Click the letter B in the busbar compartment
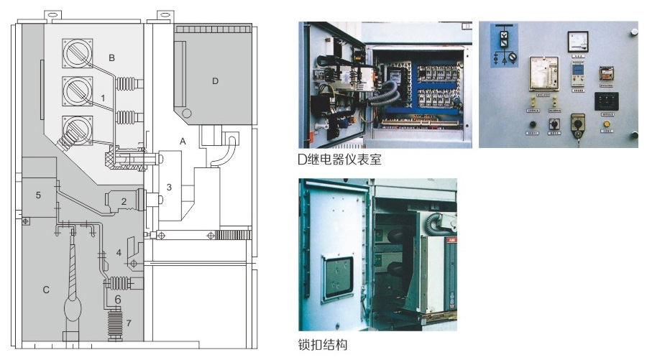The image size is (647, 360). tap(111, 57)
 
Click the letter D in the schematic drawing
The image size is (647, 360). tap(214, 81)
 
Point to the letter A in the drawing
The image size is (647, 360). tap(183, 142)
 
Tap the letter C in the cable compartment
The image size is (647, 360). tap(45, 290)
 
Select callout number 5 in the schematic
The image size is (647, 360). tap(39, 195)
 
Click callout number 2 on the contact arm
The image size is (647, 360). tap(124, 202)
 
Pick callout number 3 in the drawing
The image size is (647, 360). tap(169, 187)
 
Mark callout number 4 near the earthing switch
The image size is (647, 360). tap(119, 253)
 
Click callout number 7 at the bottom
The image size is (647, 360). tap(129, 322)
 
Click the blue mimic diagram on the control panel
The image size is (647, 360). tap(503, 45)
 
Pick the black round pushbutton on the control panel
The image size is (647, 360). tap(532, 124)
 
